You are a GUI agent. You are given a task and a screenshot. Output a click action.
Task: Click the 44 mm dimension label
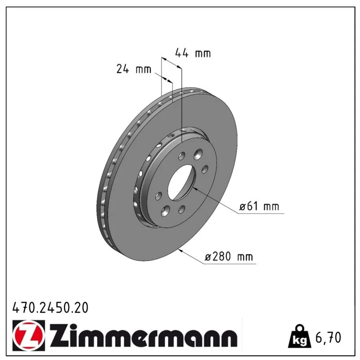193,53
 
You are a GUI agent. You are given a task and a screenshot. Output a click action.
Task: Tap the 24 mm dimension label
134,69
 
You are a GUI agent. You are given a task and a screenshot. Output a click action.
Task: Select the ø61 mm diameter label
259,207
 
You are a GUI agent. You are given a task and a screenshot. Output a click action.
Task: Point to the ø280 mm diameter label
229,256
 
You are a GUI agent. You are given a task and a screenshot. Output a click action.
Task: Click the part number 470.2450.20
50,308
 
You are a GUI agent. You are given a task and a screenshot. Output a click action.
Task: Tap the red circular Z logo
29,335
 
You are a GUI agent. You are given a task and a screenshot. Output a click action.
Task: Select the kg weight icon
299,336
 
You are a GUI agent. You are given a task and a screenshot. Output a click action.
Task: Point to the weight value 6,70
328,338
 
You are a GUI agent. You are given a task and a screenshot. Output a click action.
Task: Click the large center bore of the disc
181,182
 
